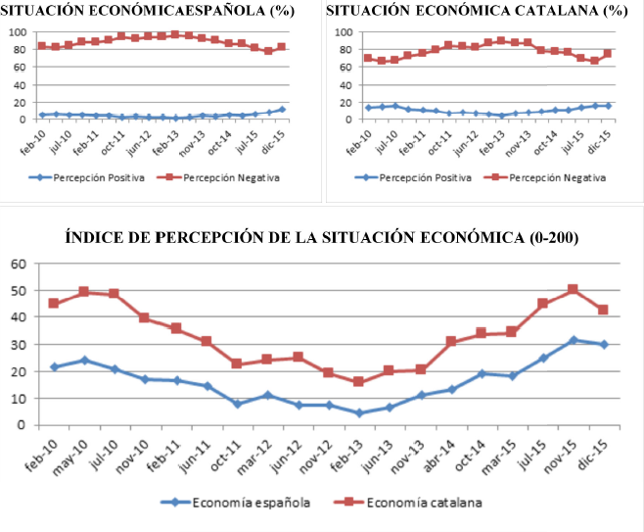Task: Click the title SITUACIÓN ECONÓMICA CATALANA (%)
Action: pos(476,12)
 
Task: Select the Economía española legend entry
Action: pos(236,503)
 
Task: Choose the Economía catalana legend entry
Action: pos(411,503)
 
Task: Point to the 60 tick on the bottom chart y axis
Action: pos(17,264)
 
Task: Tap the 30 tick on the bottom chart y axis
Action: pos(17,345)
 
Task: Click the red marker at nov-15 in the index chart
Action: pos(573,290)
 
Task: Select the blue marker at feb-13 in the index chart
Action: pos(360,412)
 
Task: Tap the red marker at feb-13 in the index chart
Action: pos(360,381)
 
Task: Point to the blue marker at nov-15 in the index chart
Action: pos(573,340)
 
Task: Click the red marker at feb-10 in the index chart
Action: pos(54,303)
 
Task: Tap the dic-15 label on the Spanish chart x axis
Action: pos(277,137)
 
